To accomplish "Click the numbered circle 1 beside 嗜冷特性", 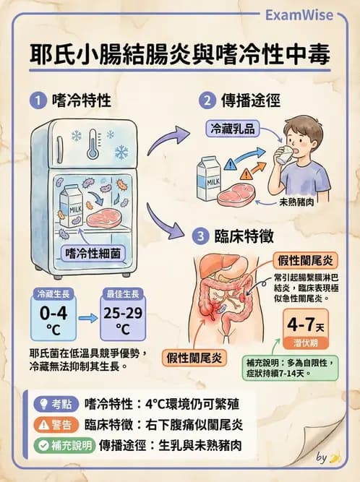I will tap(37, 102).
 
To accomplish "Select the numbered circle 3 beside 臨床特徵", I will tap(200, 236).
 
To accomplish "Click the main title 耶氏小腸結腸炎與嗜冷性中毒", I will tap(180, 55).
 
